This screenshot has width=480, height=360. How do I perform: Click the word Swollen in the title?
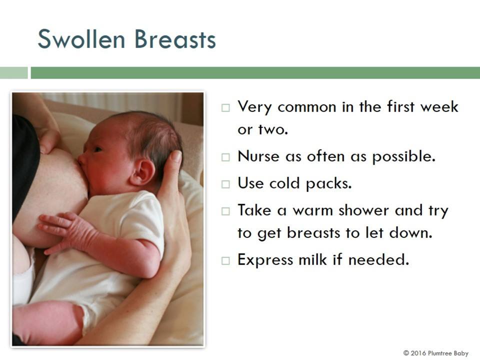[x=81, y=39]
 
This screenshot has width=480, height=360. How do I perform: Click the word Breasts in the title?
[x=175, y=39]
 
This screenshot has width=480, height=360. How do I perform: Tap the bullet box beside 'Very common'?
[x=225, y=108]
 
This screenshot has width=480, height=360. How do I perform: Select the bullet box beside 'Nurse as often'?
[x=225, y=157]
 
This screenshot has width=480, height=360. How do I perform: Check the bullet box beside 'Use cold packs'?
[x=225, y=184]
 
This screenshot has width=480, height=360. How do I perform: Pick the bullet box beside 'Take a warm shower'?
[x=225, y=211]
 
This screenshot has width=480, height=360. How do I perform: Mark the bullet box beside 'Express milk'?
[x=225, y=261]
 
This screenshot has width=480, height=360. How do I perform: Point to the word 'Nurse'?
[x=258, y=156]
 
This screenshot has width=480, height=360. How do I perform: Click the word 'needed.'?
[x=378, y=259]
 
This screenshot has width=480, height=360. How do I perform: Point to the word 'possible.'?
[x=404, y=156]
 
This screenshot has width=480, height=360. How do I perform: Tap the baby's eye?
[x=98, y=149]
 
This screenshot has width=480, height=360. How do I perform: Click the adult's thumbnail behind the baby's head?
[x=176, y=157]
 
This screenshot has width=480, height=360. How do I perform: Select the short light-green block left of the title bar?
[x=14, y=73]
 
